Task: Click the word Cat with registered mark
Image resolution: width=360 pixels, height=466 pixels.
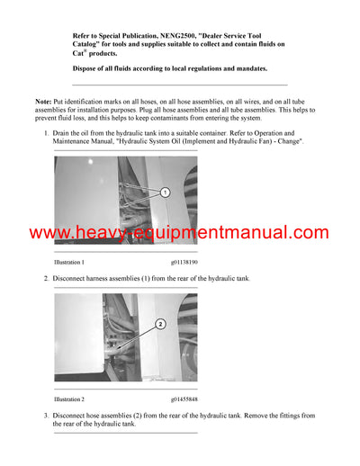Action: pyautogui.click(x=78, y=53)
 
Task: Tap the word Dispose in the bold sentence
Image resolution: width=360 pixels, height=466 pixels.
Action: pyautogui.click(x=86, y=68)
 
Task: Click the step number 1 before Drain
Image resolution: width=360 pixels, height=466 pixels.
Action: pyautogui.click(x=46, y=133)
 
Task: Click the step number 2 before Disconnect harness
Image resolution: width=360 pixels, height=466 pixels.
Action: pyautogui.click(x=46, y=279)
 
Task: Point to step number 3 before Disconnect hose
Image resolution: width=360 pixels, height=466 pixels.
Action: pyautogui.click(x=46, y=415)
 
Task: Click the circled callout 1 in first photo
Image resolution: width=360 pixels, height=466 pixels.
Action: pyautogui.click(x=165, y=193)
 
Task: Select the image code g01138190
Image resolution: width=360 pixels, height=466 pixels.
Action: pyautogui.click(x=184, y=262)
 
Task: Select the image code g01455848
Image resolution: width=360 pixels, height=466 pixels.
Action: pyautogui.click(x=184, y=399)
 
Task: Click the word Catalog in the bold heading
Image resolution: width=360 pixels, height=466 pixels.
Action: pyautogui.click(x=89, y=43)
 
